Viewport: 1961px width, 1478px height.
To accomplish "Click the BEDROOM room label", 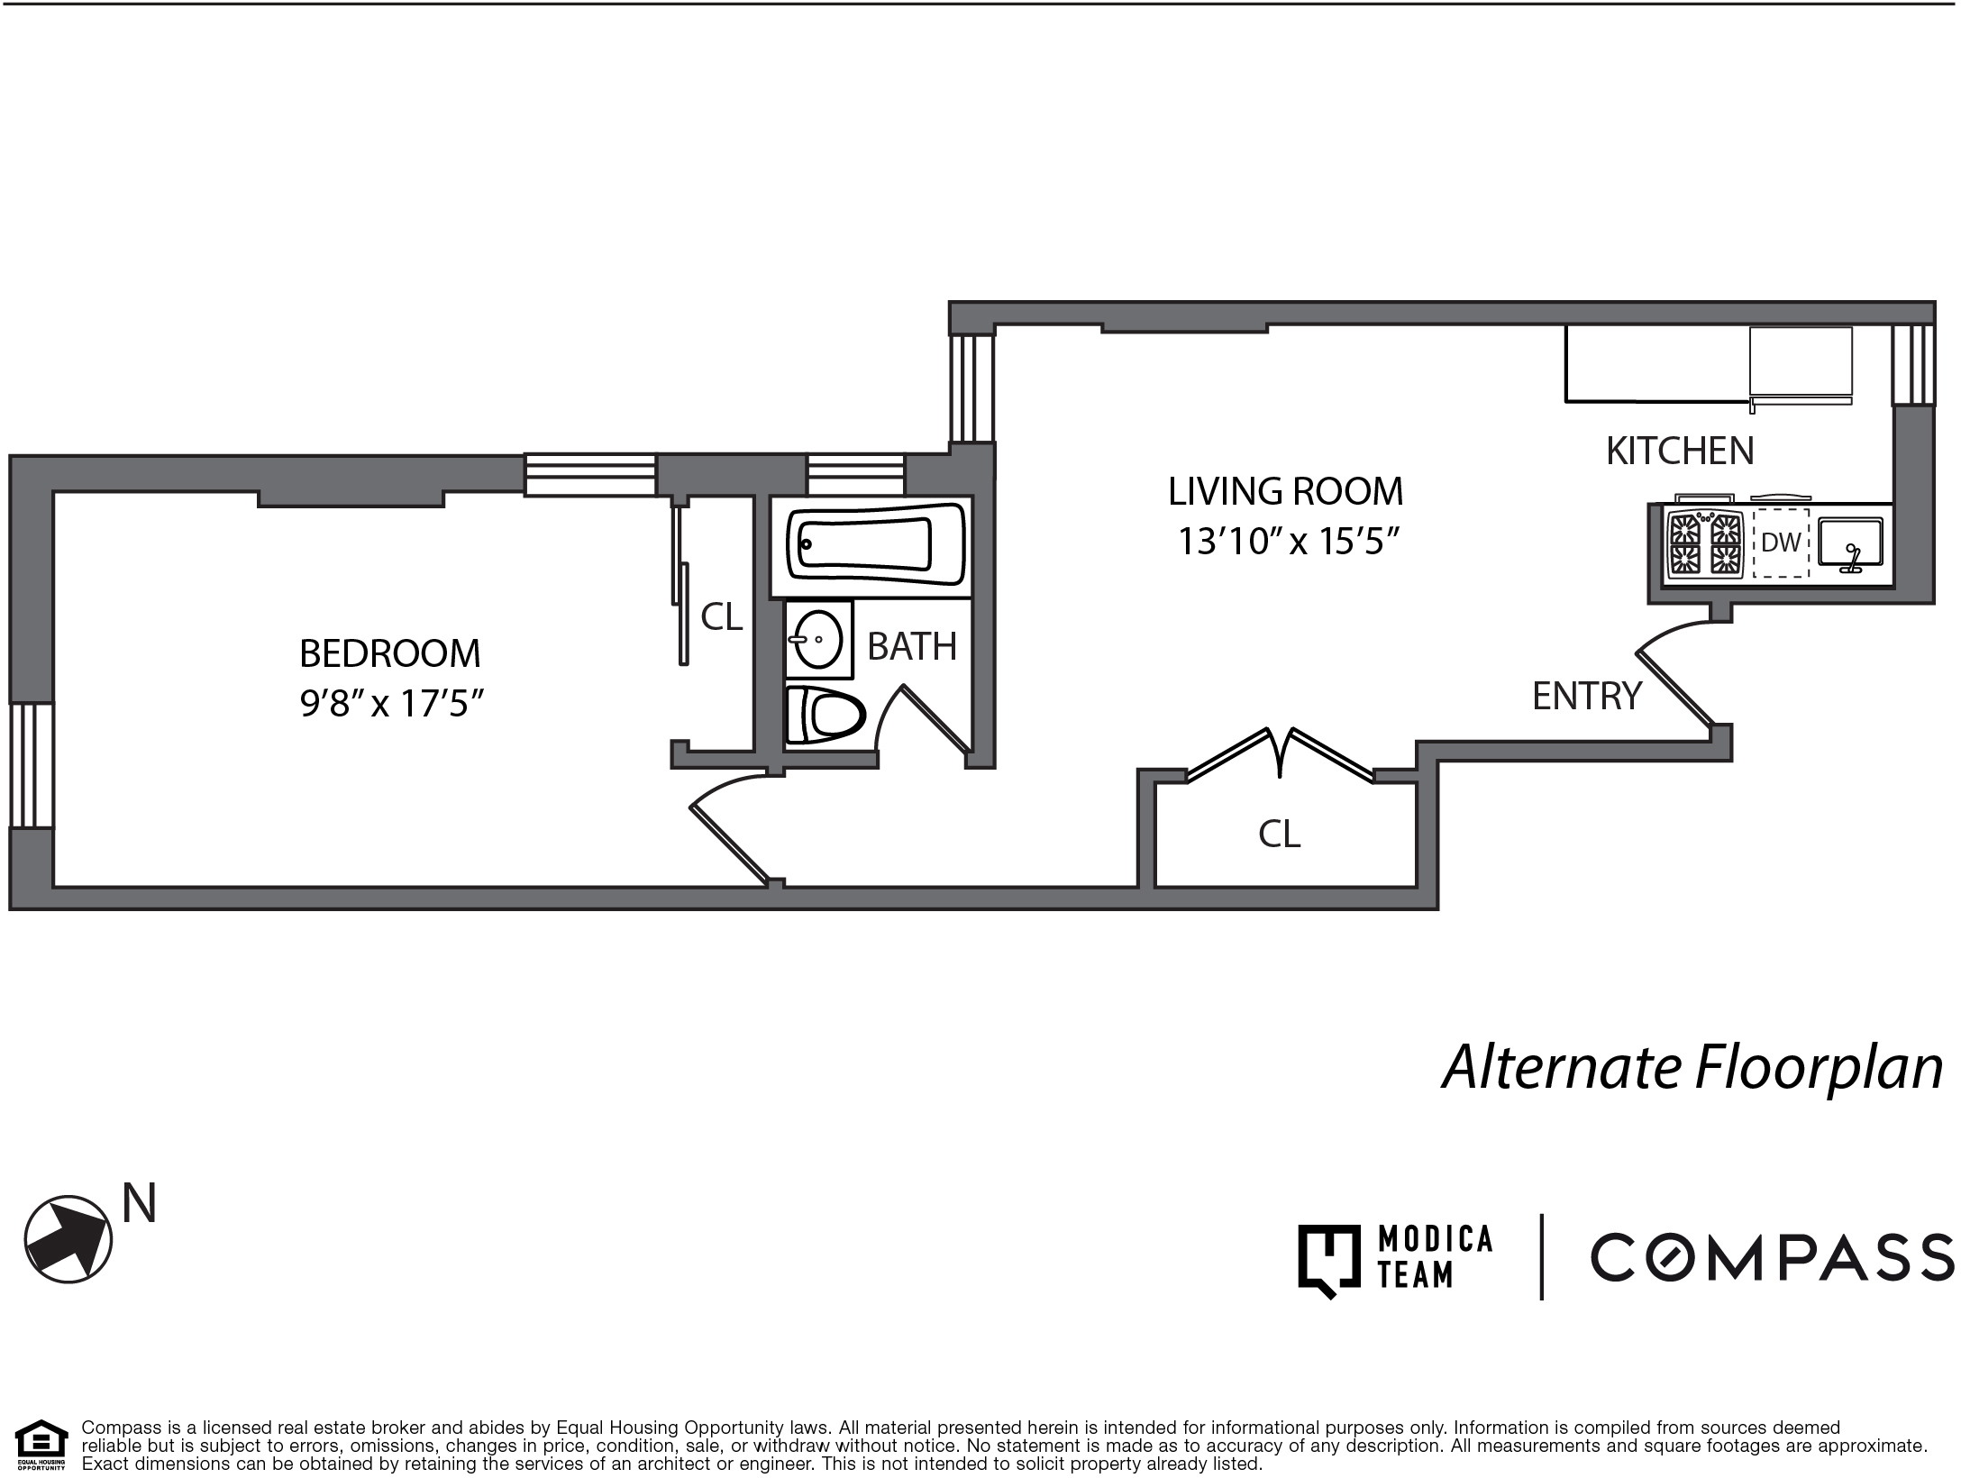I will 389,653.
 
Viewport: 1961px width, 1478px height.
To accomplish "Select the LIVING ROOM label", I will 1285,492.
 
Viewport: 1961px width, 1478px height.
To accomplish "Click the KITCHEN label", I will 1680,451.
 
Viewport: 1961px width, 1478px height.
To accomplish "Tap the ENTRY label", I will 1587,696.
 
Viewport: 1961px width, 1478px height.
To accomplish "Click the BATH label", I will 911,646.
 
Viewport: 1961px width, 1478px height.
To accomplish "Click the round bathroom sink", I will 817,639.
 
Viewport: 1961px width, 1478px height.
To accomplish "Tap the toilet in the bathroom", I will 824,716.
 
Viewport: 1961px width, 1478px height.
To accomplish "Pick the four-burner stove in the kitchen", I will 1704,543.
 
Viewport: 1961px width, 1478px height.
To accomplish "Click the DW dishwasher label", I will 1781,543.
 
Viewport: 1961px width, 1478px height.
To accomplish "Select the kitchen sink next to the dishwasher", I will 1850,543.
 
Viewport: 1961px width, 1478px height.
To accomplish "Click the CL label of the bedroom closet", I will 721,616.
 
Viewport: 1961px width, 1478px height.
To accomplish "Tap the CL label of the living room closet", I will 1279,835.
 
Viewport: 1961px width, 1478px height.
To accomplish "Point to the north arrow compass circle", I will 68,1240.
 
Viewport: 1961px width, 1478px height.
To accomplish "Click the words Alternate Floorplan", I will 1692,1068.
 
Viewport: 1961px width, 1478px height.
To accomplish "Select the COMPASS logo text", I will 1772,1257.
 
